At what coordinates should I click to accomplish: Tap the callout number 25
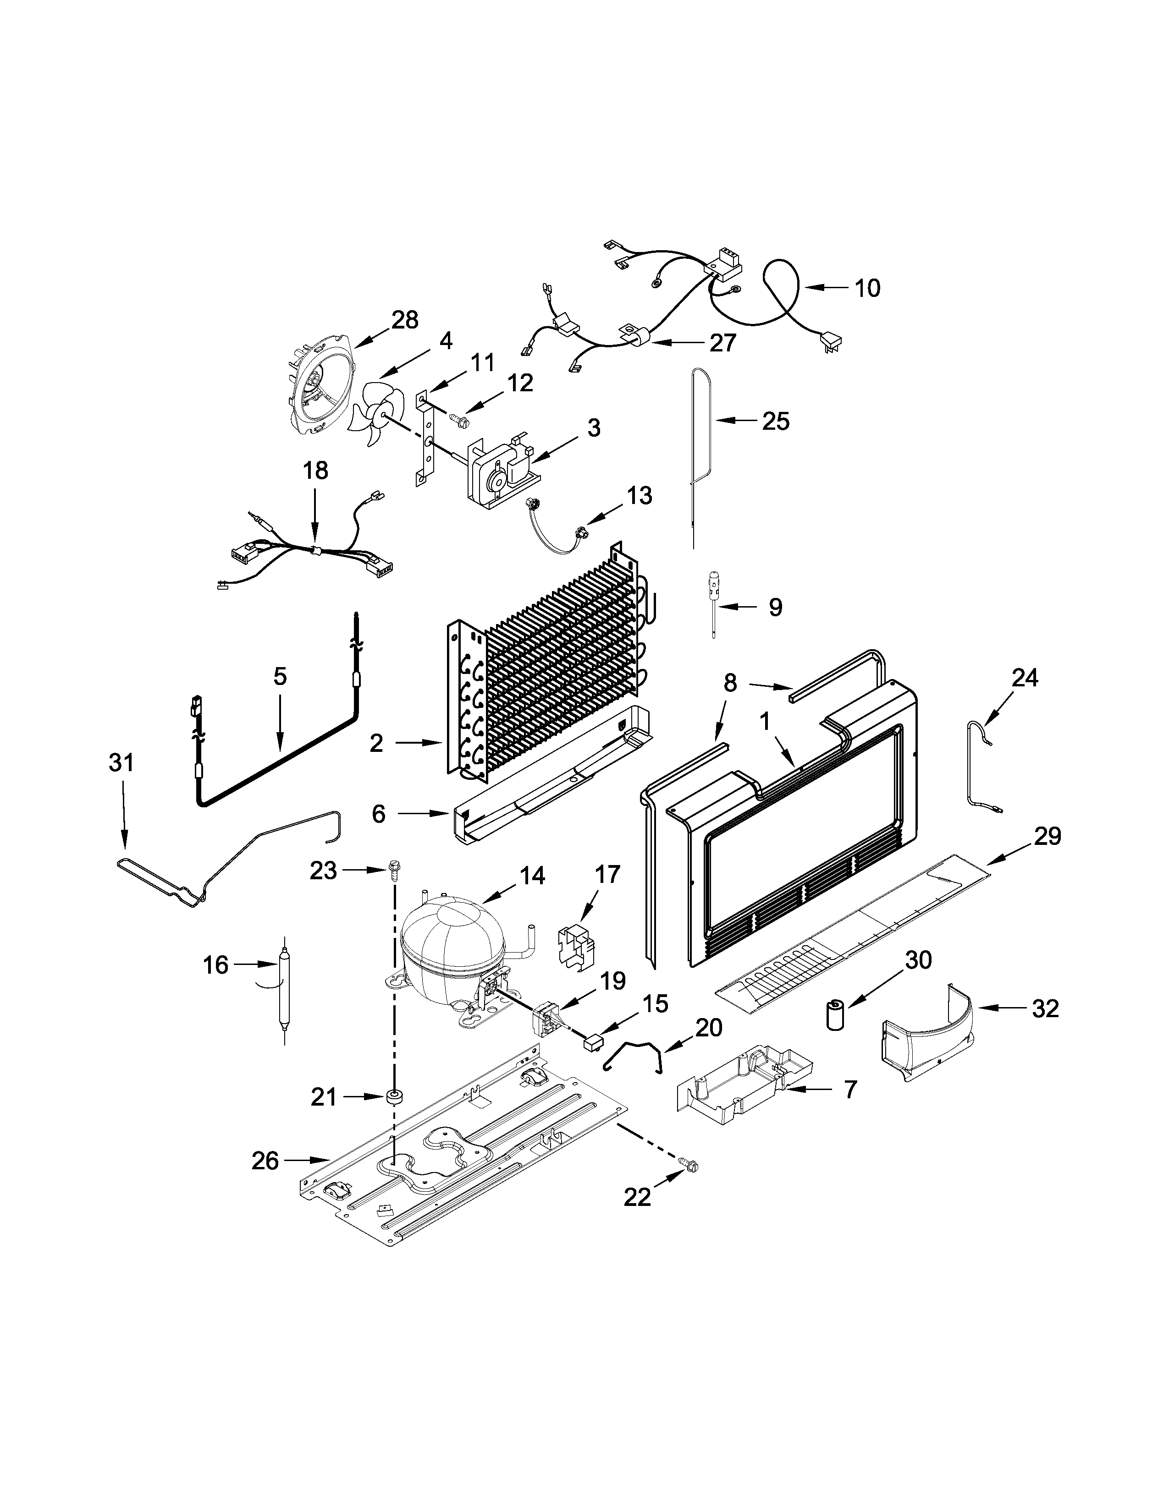(776, 421)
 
